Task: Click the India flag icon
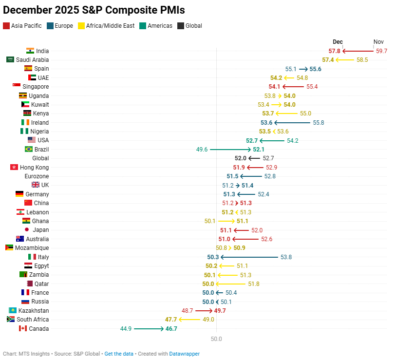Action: click(x=30, y=51)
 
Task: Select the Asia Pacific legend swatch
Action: click(x=6, y=26)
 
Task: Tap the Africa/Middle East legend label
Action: click(x=110, y=26)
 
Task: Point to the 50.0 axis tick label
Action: click(x=216, y=339)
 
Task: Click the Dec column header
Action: click(x=338, y=42)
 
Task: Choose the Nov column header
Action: click(x=378, y=42)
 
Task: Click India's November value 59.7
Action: click(x=381, y=51)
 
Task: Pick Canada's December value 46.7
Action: click(x=171, y=329)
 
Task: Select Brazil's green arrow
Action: click(x=231, y=150)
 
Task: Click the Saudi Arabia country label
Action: click(x=33, y=60)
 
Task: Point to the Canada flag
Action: click(x=22, y=328)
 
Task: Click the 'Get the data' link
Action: click(x=119, y=354)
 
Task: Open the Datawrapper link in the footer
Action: click(x=184, y=354)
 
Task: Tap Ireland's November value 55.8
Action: click(x=319, y=123)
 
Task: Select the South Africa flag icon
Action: click(x=10, y=320)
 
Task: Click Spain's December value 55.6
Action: click(x=315, y=69)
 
